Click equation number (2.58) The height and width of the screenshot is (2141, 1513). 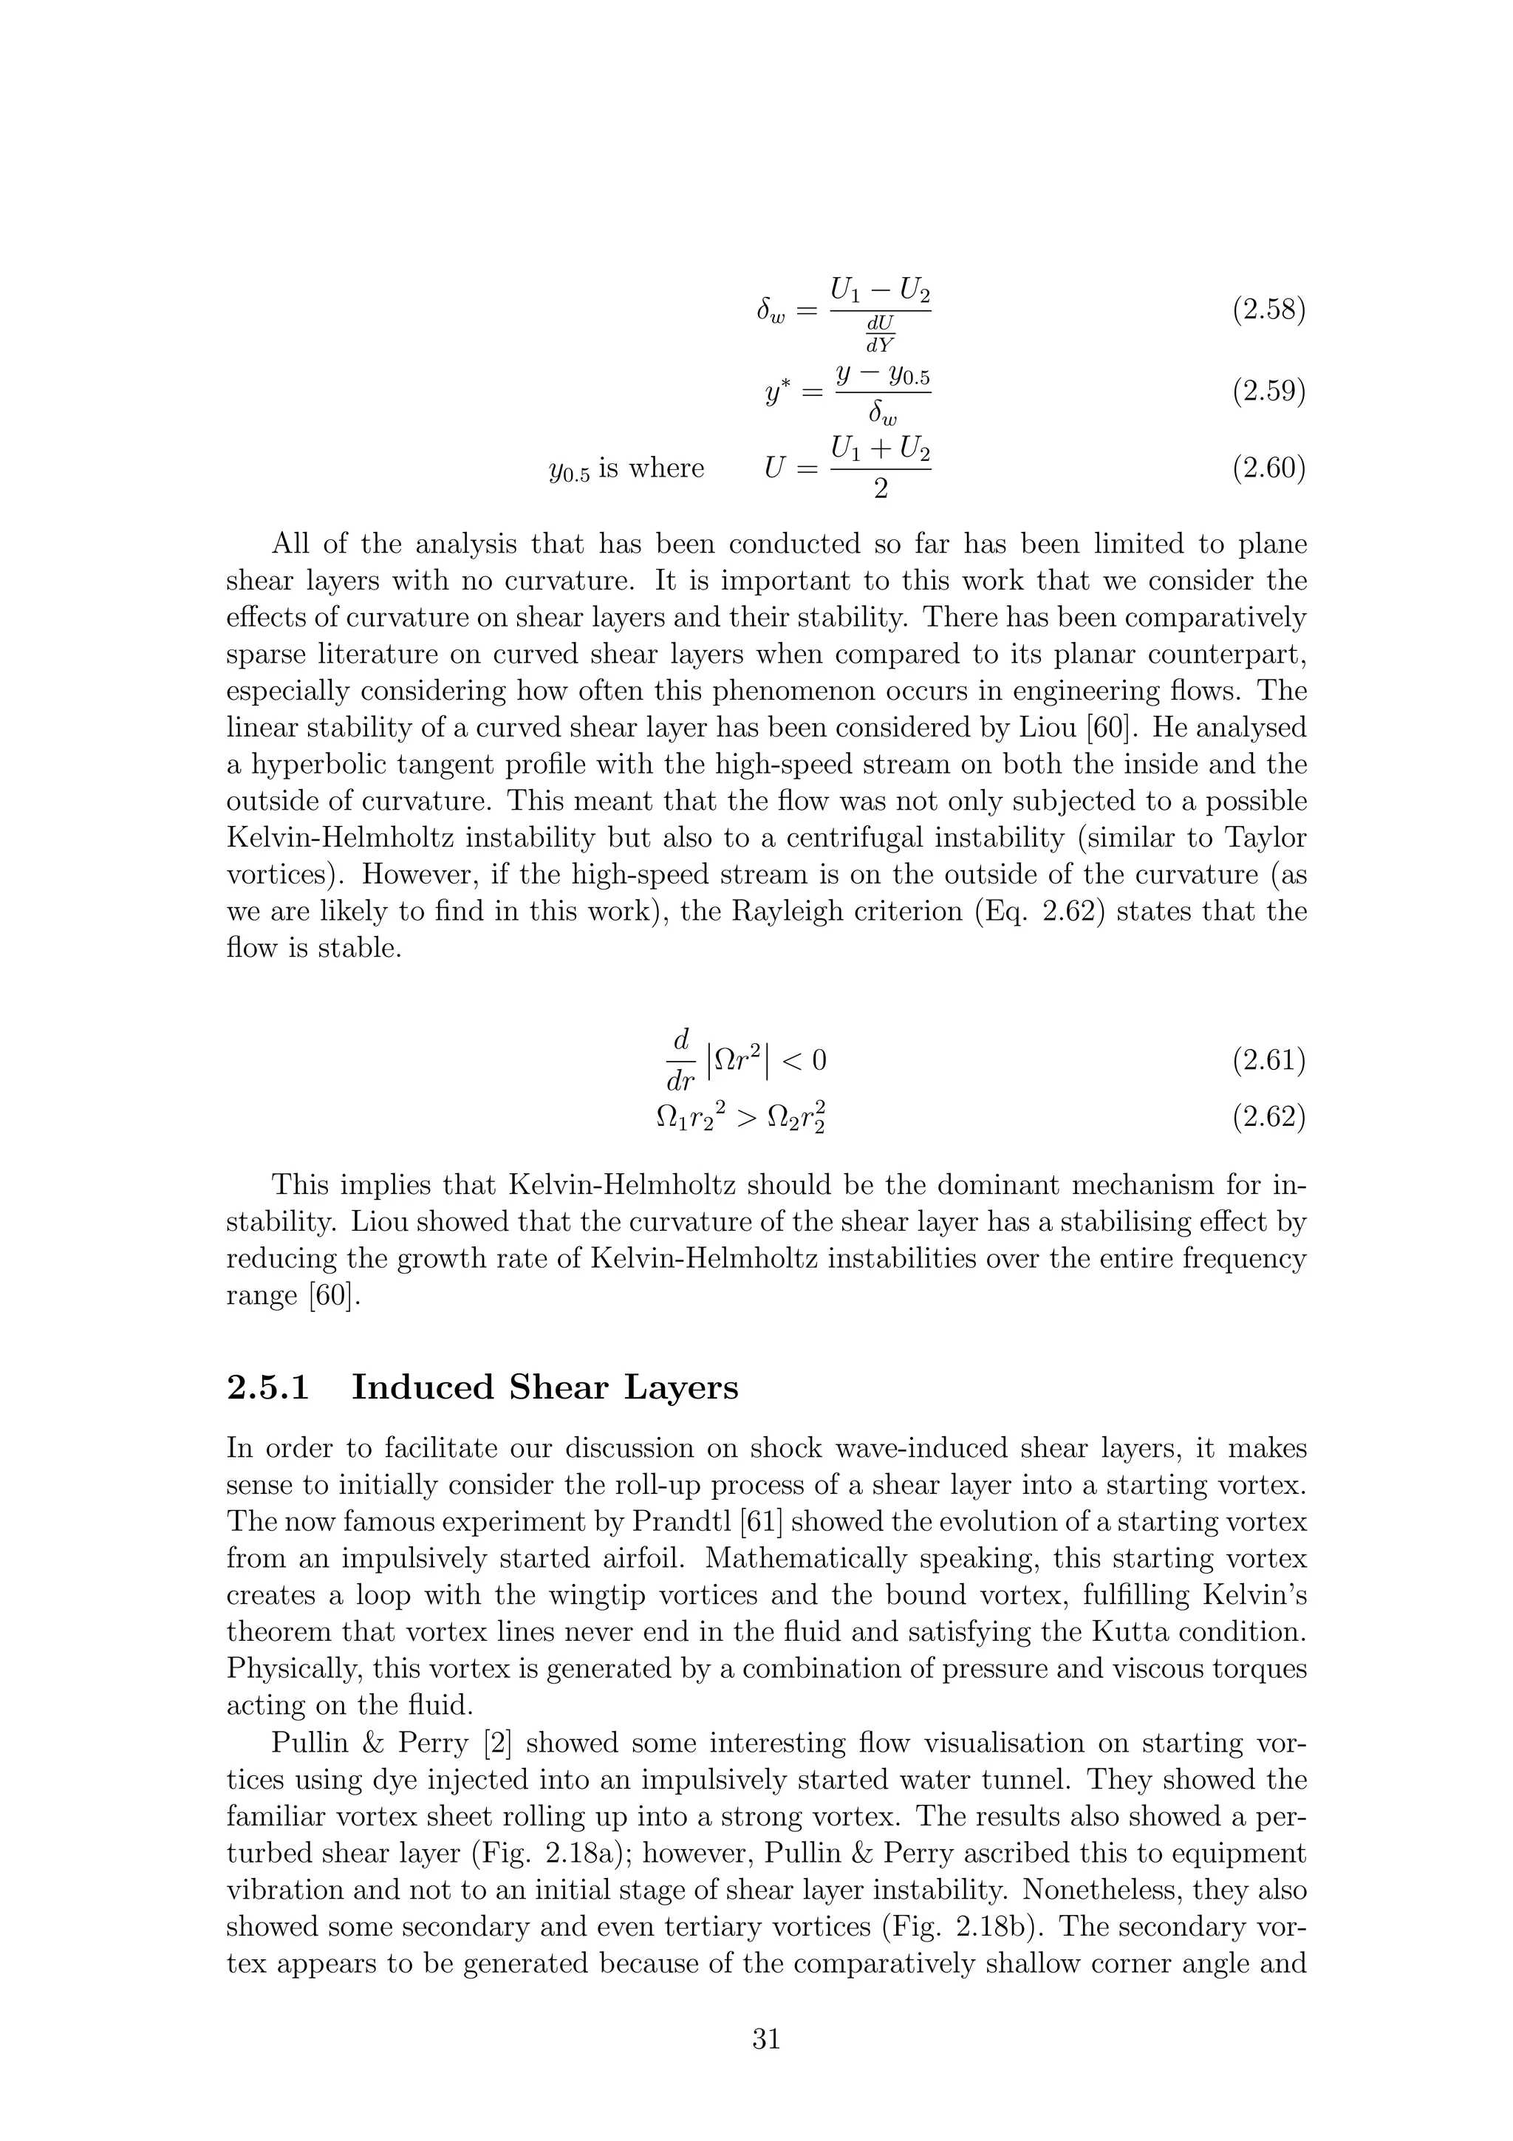(1268, 310)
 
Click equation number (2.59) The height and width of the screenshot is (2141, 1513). (1268, 392)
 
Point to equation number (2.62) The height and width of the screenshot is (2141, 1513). (1268, 1116)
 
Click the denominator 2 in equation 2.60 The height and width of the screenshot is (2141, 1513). (880, 488)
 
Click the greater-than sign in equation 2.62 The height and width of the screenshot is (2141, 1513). (745, 1117)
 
